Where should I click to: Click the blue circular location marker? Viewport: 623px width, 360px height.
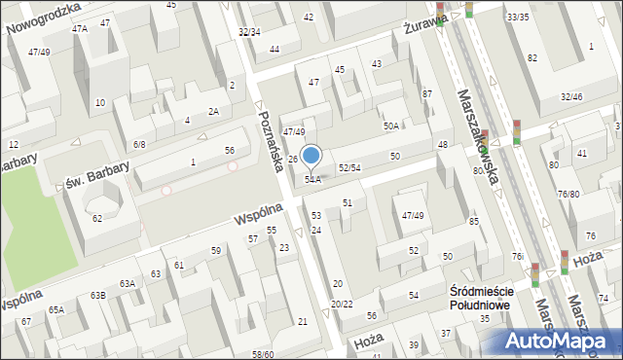pyautogui.click(x=311, y=155)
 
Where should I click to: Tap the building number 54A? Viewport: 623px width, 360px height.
pyautogui.click(x=312, y=179)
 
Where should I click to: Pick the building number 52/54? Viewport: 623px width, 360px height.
pyautogui.click(x=349, y=168)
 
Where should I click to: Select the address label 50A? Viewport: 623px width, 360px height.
pyautogui.click(x=391, y=126)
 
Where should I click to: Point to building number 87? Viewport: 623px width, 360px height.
pyautogui.click(x=426, y=93)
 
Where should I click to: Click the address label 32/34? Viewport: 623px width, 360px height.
pyautogui.click(x=249, y=32)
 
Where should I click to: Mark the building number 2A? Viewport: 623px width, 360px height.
pyautogui.click(x=213, y=111)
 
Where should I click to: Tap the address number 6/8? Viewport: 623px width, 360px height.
pyautogui.click(x=139, y=144)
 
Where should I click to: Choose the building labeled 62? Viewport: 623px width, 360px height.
pyautogui.click(x=97, y=218)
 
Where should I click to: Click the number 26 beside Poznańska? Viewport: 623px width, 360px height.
pyautogui.click(x=292, y=159)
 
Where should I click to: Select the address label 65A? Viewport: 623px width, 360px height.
pyautogui.click(x=56, y=309)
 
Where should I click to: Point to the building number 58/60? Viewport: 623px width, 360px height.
pyautogui.click(x=263, y=354)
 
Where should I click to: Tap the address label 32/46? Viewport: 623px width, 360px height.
pyautogui.click(x=571, y=96)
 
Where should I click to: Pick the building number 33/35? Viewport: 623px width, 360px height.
pyautogui.click(x=517, y=18)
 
